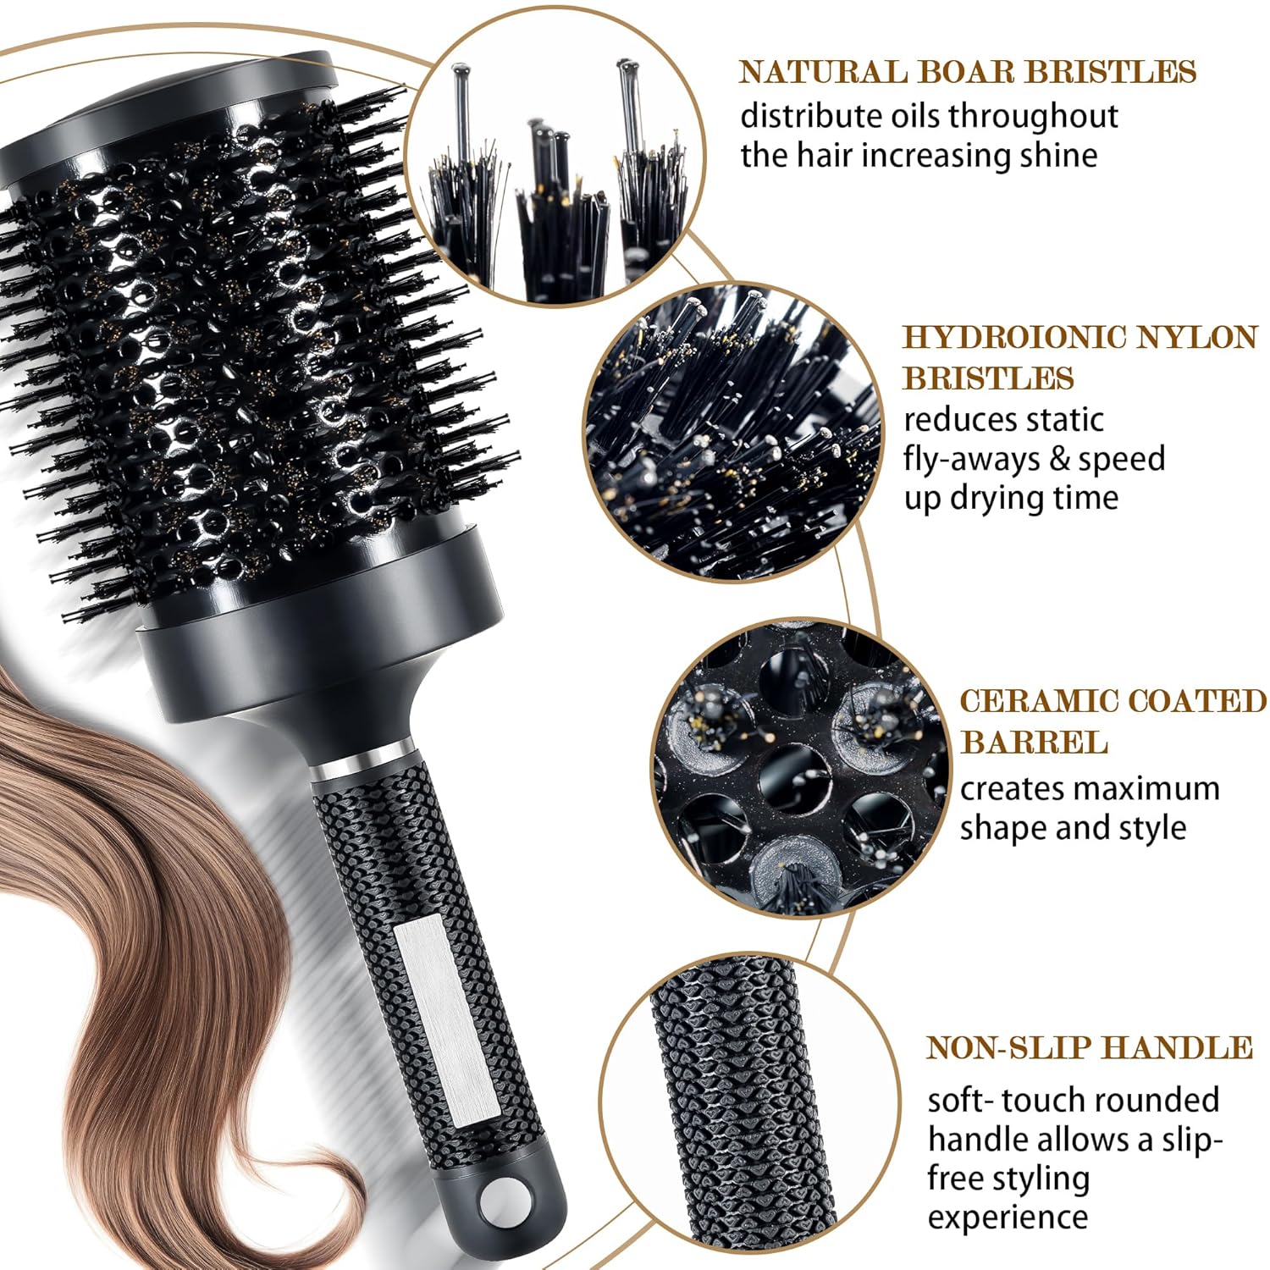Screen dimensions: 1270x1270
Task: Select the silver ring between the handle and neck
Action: pos(363,761)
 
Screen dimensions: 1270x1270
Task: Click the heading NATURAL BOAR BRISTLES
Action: pos(968,72)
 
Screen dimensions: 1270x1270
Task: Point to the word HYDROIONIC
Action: pos(1012,337)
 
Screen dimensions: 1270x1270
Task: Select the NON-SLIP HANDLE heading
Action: pos(1090,1047)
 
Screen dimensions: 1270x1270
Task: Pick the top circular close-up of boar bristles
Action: pos(555,157)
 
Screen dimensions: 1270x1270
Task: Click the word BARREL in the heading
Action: pos(1034,743)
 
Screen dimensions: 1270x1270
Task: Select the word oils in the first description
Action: pos(914,116)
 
